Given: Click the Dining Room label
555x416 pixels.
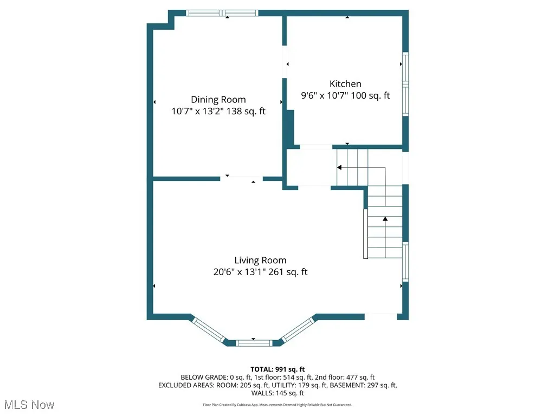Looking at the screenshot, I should pos(218,100).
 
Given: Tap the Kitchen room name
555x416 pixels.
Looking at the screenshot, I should pos(345,84).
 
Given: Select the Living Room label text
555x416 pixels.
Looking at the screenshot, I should pos(260,260).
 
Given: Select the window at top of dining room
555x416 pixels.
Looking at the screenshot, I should pos(222,13).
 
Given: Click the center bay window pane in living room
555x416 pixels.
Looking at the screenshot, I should pos(254,342).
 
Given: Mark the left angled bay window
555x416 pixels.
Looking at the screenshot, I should pos(209,330).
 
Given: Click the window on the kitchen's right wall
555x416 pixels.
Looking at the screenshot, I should pos(405,83).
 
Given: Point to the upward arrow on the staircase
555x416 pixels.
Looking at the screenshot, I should pos(385,219).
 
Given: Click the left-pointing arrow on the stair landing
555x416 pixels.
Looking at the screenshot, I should pos(339,168).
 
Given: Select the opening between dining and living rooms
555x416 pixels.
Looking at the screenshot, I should pos(242,178).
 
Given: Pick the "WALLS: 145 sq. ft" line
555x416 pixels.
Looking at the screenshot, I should pos(277,393).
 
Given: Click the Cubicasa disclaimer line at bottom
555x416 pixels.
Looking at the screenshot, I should pos(277,405).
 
